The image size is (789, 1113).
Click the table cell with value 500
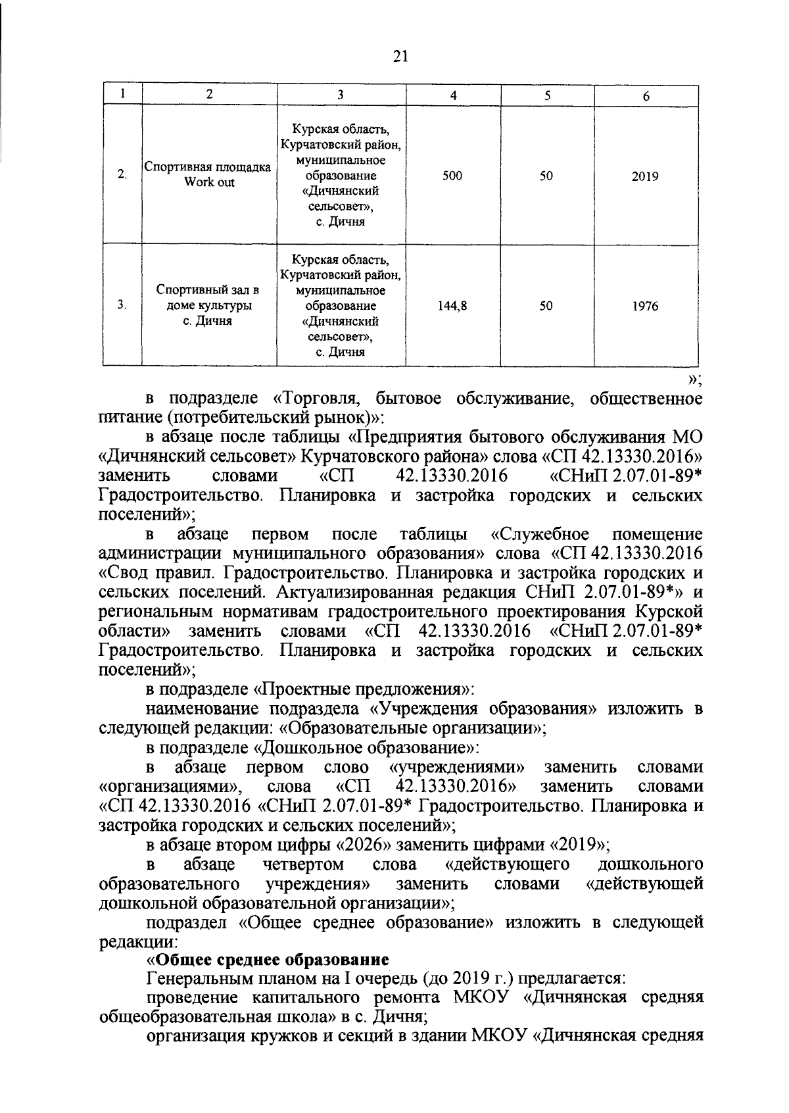pyautogui.click(x=453, y=176)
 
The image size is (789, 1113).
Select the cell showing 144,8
pyautogui.click(x=453, y=306)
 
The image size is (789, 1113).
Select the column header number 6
pyautogui.click(x=646, y=96)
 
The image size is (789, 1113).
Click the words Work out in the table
pyautogui.click(x=209, y=182)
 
